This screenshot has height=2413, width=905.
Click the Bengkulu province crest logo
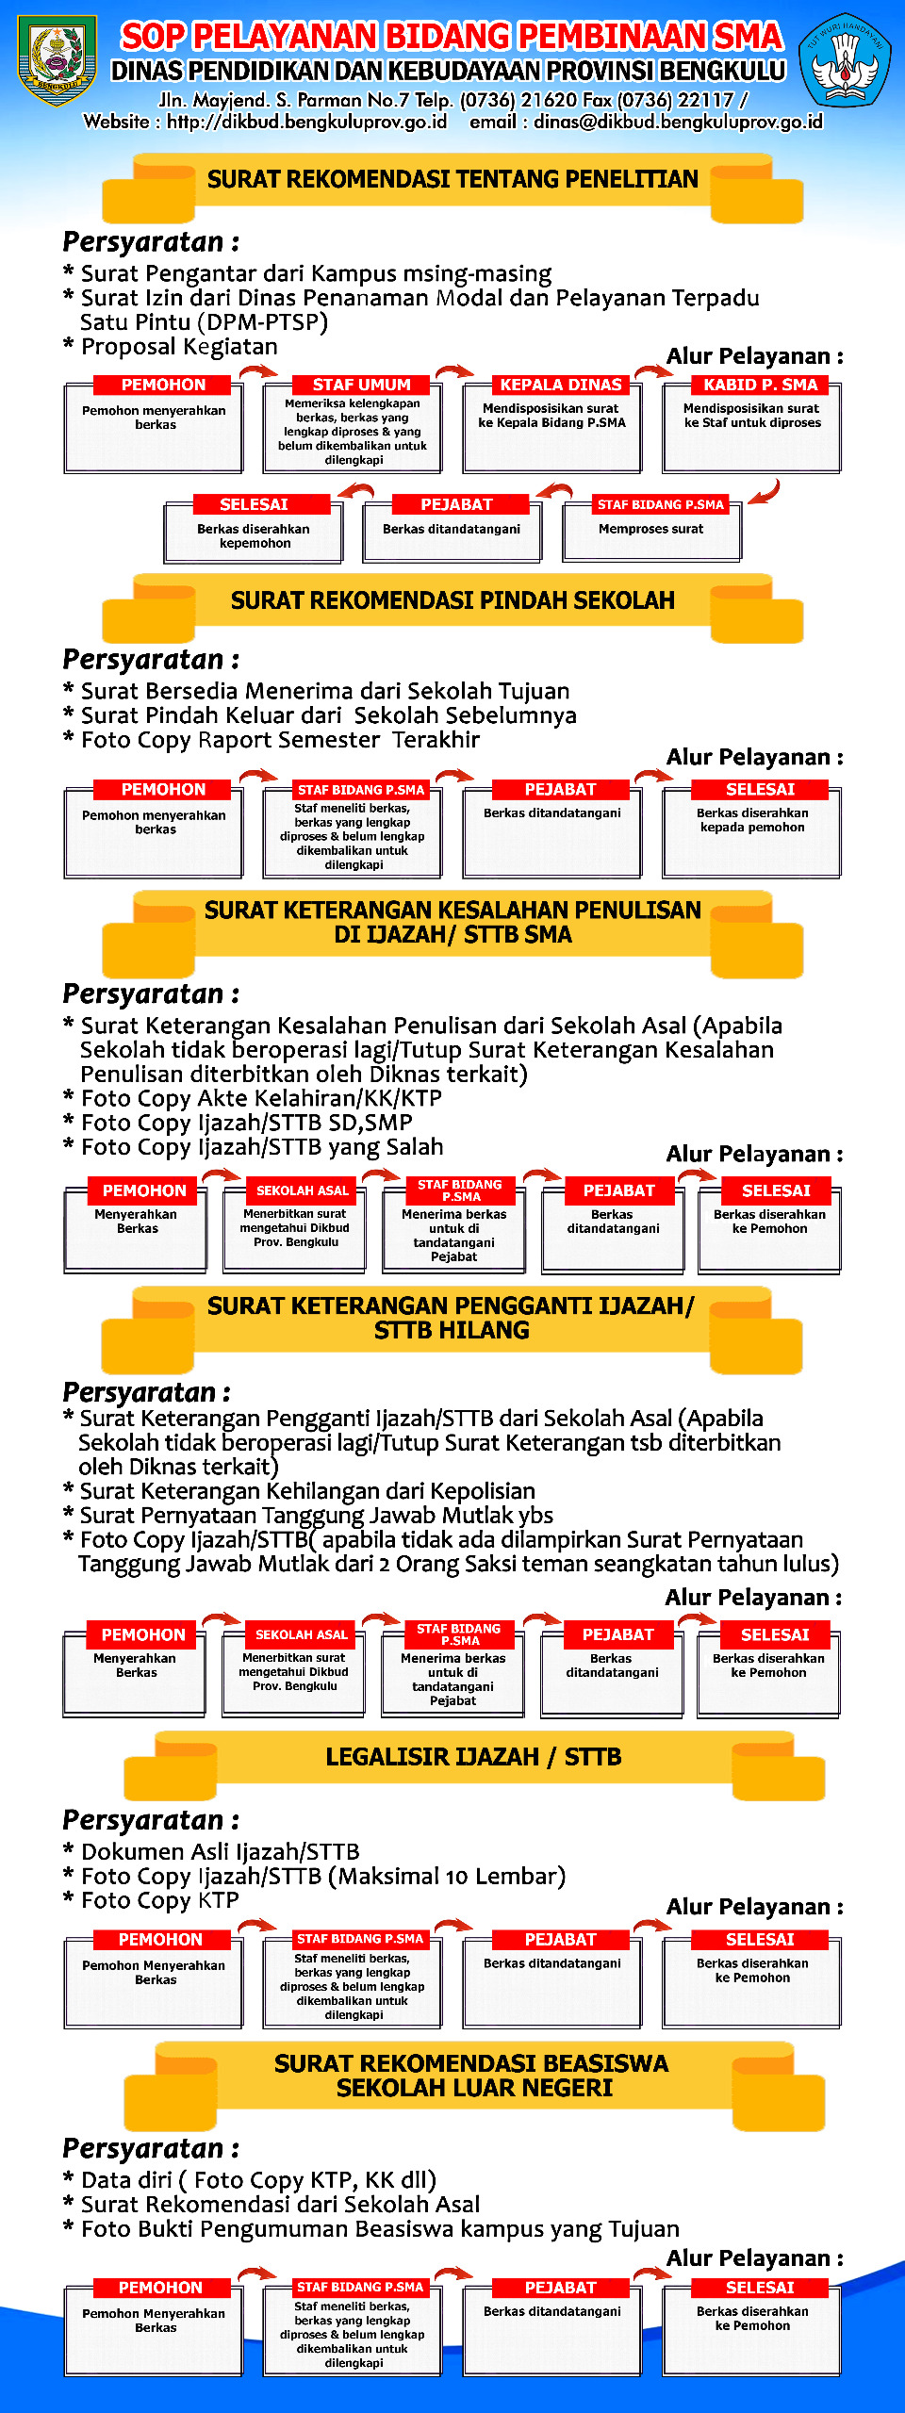click(58, 60)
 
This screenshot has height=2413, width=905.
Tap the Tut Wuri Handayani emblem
click(845, 60)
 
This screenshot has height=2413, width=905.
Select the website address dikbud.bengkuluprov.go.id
click(307, 122)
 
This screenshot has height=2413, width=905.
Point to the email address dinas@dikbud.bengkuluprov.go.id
click(678, 122)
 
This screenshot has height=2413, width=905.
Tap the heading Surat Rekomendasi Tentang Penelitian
click(452, 179)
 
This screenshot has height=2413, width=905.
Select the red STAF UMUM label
click(361, 385)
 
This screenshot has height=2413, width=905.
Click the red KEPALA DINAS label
click(561, 385)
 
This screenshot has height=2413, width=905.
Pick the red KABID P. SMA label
click(760, 385)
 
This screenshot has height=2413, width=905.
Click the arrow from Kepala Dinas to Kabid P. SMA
click(653, 372)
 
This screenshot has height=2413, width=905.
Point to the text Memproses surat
click(650, 529)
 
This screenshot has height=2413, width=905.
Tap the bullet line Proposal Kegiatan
click(179, 347)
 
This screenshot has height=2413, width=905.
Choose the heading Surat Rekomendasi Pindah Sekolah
click(452, 600)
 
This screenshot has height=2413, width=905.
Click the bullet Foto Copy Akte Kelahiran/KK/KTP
click(261, 1098)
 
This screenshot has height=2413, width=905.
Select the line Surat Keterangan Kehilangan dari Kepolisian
click(307, 1491)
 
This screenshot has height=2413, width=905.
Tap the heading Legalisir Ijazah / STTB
click(473, 1757)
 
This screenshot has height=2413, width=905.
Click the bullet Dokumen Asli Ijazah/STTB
click(220, 1851)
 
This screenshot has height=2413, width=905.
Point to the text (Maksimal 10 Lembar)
click(447, 1876)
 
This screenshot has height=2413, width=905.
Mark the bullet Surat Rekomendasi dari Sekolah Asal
click(280, 2205)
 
